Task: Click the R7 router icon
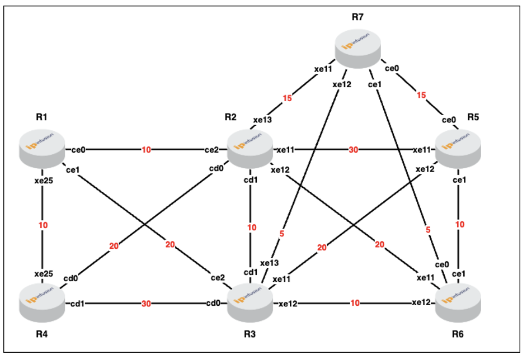pos(358,49)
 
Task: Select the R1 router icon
pos(42,149)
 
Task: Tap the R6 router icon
pos(458,303)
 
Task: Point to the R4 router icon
pos(42,303)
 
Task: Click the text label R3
pos(250,334)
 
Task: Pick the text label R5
pos(473,117)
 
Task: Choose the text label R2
pos(230,117)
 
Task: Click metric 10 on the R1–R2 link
pos(146,150)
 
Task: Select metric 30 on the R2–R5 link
pos(353,150)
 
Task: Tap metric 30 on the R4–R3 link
pos(146,304)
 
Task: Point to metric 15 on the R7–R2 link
pos(287,98)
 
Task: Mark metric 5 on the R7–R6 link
pos(428,230)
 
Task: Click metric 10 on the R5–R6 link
pos(460,224)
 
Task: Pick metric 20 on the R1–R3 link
pos(170,244)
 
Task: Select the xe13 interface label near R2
pos(262,120)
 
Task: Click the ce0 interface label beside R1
pos(78,150)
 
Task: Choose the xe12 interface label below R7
pos(342,84)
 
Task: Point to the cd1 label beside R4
pos(77,304)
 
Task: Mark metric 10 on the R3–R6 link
pos(355,303)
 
